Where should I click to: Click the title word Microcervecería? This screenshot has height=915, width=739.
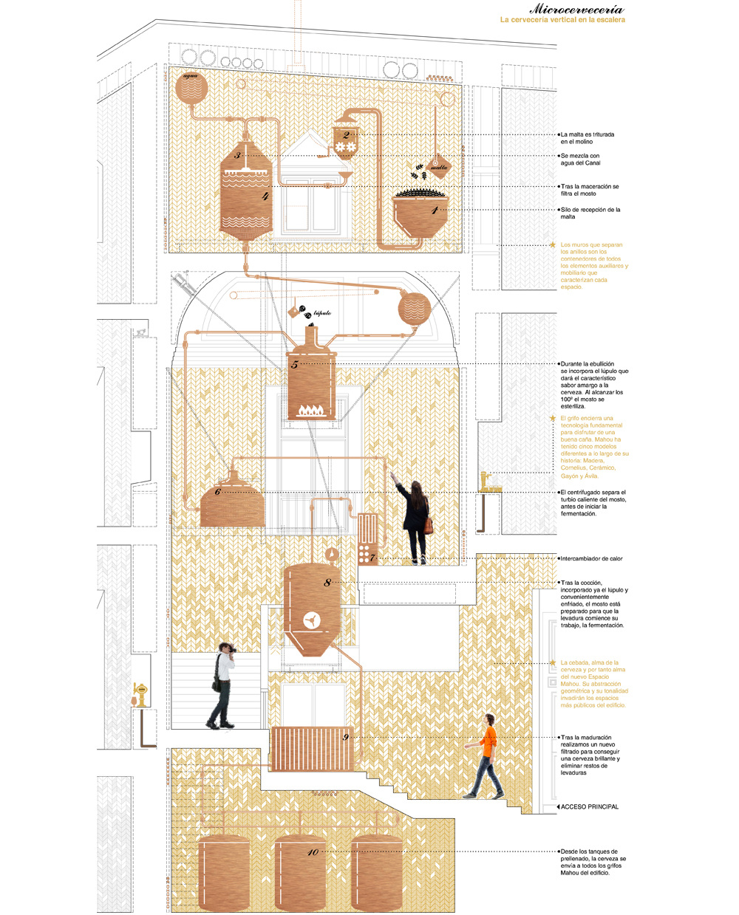click(x=576, y=10)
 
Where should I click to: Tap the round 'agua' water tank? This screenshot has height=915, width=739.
click(x=191, y=87)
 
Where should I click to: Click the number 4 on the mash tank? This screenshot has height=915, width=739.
click(x=265, y=197)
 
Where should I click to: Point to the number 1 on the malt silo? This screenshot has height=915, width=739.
click(x=435, y=210)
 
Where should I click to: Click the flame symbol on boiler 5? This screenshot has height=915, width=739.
click(x=311, y=408)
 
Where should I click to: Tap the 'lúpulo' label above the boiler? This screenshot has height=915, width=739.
click(x=322, y=313)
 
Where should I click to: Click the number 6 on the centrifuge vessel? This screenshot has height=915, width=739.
click(x=217, y=492)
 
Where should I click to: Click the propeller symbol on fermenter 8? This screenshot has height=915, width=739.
click(x=312, y=620)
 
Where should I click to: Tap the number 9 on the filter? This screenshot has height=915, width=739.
click(x=345, y=737)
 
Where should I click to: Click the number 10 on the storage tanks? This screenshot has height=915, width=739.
click(x=313, y=852)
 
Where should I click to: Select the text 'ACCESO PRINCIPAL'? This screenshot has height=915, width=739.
click(x=589, y=806)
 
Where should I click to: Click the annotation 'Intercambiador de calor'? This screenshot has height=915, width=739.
click(x=591, y=559)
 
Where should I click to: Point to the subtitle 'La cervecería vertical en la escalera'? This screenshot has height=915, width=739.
click(x=562, y=20)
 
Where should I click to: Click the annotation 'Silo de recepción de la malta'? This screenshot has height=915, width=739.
click(x=590, y=213)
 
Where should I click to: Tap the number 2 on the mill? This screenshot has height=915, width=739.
click(x=346, y=135)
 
